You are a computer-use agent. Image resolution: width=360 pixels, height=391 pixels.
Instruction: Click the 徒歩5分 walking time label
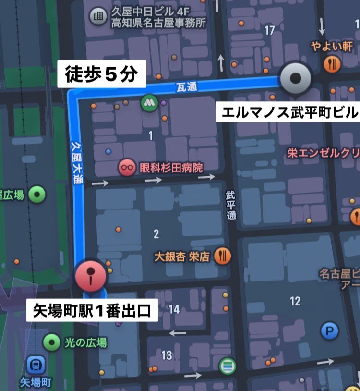coord(101,74)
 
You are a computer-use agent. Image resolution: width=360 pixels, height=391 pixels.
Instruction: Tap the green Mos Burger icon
coord(149,102)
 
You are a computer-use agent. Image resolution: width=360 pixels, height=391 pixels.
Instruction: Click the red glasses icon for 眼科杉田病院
coord(127,168)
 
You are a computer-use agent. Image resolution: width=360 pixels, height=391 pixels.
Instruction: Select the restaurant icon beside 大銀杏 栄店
coord(222,256)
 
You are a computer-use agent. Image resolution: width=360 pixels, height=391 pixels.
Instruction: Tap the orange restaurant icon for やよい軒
coord(332,64)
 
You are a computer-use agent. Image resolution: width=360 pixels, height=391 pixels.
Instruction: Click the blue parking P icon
coord(329,330)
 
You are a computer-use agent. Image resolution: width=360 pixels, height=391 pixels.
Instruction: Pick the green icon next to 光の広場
coord(51,342)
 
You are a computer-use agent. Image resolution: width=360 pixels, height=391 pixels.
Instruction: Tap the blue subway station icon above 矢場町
coord(36,366)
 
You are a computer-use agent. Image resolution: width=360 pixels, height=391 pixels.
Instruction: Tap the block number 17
coord(269,31)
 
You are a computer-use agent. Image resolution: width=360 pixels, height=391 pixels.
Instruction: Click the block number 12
coord(295,301)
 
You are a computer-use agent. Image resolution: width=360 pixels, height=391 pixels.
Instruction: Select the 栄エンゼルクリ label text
coord(323,153)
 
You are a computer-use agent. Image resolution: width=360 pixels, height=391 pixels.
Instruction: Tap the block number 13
coord(167,355)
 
